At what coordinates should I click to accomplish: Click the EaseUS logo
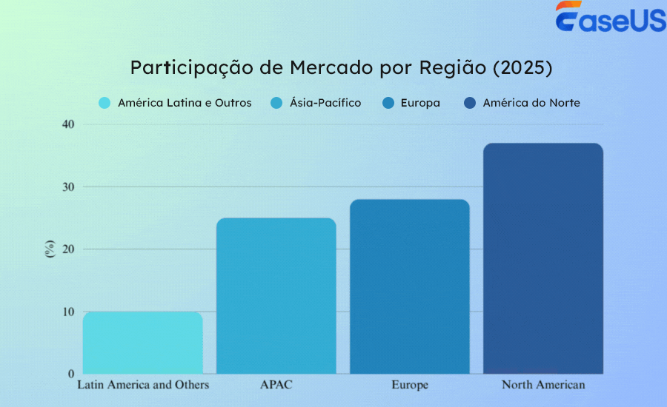coord(611,18)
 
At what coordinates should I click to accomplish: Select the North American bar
coord(543,258)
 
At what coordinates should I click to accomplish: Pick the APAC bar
coord(276,295)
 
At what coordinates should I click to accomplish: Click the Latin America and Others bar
coord(142,343)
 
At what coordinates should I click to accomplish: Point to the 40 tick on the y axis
coord(68,124)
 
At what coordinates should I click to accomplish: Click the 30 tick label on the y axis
coord(68,187)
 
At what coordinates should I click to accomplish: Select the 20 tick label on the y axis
coord(68,249)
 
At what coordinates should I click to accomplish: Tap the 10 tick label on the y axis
coord(68,312)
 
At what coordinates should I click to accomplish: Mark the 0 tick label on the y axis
coord(71,374)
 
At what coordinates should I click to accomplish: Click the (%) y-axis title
coord(50,249)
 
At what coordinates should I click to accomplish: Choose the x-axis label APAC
coord(275,385)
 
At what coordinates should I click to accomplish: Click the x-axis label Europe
coord(410,385)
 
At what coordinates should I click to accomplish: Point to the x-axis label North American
coord(543,385)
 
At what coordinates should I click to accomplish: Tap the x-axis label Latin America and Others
coord(143,385)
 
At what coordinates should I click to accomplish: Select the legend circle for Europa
coord(388,103)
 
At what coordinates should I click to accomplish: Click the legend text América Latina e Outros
coord(185,103)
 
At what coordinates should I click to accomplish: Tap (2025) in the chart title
coord(522,67)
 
